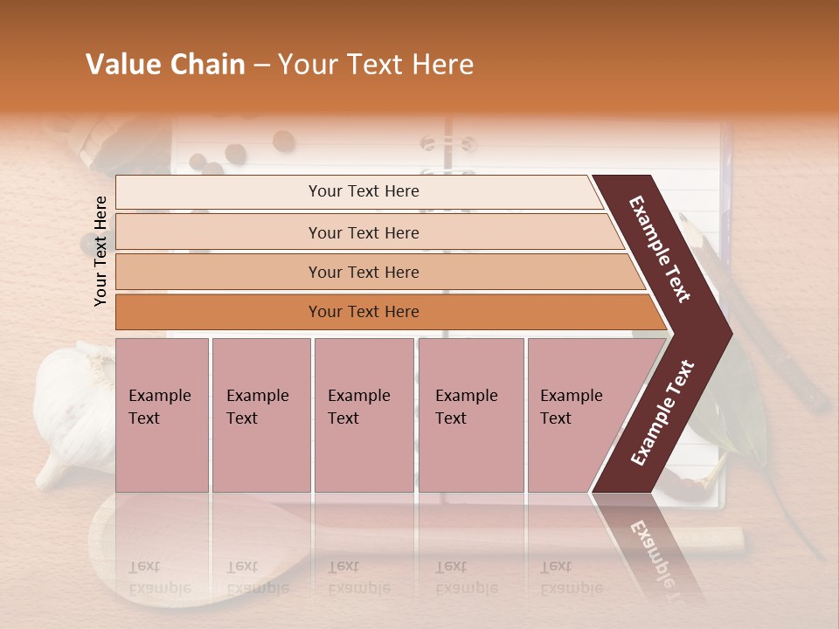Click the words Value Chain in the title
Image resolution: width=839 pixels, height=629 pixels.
tap(165, 65)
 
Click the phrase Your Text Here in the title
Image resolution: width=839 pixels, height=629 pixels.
tap(376, 65)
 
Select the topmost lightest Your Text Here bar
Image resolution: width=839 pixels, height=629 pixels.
tap(363, 191)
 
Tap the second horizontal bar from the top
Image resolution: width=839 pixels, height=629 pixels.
tap(363, 232)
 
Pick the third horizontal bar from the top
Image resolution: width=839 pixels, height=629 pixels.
tap(363, 272)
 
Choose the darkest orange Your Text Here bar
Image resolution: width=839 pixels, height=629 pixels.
tap(363, 312)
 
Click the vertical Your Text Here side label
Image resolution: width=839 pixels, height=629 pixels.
tap(101, 251)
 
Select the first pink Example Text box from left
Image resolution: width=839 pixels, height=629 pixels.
tap(162, 415)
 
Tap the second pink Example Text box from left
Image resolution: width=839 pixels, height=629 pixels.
tap(260, 415)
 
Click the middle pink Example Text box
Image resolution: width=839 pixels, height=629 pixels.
tap(364, 415)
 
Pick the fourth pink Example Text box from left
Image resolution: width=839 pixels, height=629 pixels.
tap(470, 415)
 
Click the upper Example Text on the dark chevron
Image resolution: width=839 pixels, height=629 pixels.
tap(660, 249)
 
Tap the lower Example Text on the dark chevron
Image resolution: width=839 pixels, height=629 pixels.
tap(662, 412)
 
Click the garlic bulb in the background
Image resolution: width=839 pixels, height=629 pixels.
tap(74, 411)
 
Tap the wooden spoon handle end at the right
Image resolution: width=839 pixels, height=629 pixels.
tap(730, 539)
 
